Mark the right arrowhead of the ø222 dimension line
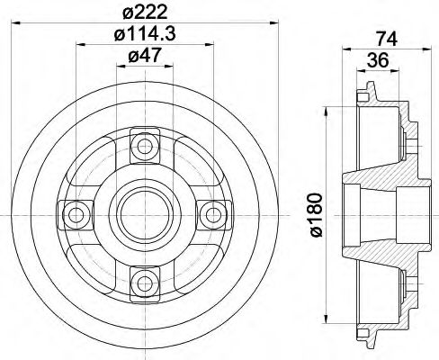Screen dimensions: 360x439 (265, 22)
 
